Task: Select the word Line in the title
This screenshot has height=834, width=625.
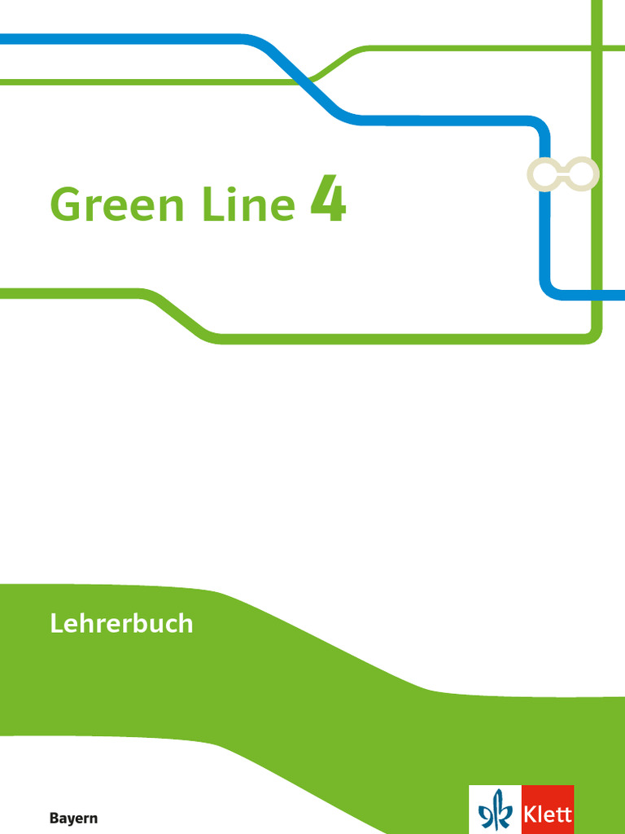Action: [245, 204]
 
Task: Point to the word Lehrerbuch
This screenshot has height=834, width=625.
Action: [121, 624]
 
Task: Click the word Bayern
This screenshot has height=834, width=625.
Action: [73, 819]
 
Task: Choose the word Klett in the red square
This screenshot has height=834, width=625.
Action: [548, 814]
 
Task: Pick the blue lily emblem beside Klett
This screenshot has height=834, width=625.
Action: [496, 812]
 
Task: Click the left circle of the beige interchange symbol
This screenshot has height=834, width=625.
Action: [543, 174]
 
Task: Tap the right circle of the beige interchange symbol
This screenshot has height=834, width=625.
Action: [583, 174]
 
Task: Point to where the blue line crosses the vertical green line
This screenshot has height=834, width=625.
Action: [597, 293]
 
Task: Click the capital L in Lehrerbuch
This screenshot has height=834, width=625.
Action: [56, 624]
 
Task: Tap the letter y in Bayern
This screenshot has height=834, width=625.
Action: [72, 820]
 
